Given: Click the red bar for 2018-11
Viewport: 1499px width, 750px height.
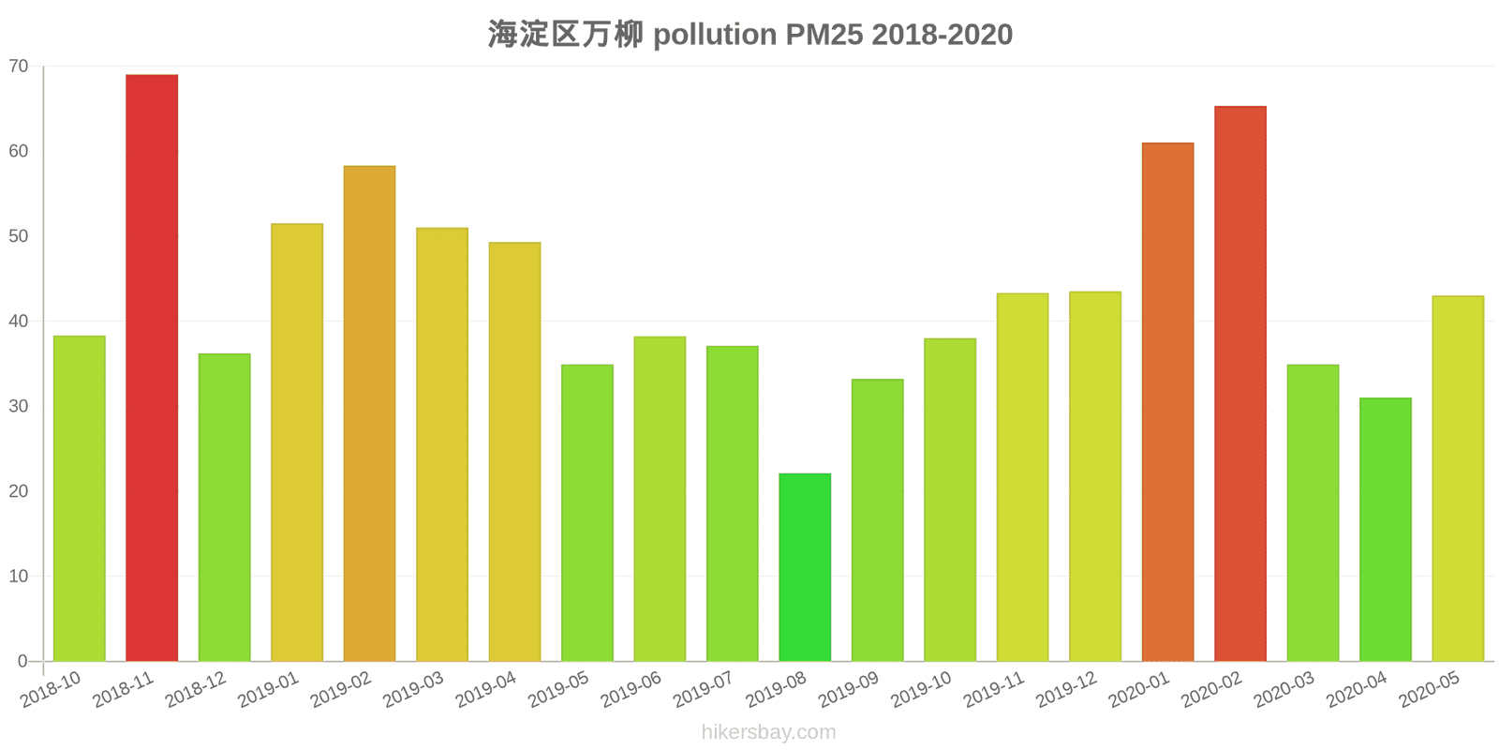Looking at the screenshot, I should pyautogui.click(x=152, y=367).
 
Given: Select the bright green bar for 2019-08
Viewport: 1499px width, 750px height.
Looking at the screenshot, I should pyautogui.click(x=805, y=567).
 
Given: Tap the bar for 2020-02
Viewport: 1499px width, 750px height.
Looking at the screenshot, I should pyautogui.click(x=1239, y=383).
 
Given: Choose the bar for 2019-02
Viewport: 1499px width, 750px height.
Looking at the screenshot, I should pyautogui.click(x=369, y=413).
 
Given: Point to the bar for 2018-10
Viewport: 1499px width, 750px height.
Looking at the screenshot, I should pyautogui.click(x=80, y=498).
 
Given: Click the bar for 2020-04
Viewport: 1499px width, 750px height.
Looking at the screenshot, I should pyautogui.click(x=1385, y=530).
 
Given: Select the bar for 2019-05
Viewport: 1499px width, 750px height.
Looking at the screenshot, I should pyautogui.click(x=587, y=513).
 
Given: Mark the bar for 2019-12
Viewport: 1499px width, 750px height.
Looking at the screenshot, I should pyautogui.click(x=1094, y=476).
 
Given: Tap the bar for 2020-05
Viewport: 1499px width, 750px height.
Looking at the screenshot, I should pyautogui.click(x=1458, y=478).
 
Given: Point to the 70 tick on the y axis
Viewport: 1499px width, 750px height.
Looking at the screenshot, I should pyautogui.click(x=19, y=67).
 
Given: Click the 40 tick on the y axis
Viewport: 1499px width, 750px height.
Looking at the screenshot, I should pyautogui.click(x=19, y=322).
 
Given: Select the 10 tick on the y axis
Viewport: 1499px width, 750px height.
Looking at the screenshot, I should pyautogui.click(x=19, y=577).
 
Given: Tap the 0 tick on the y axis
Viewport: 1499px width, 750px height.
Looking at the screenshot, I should pyautogui.click(x=22, y=661).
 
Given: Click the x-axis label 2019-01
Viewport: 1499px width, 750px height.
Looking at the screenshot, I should pyautogui.click(x=269, y=690).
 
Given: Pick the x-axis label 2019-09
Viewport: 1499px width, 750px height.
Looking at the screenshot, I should pyautogui.click(x=849, y=690).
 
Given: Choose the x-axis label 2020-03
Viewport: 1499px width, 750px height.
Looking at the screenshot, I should pyautogui.click(x=1284, y=690).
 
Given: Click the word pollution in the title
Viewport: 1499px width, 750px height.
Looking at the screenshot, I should pyautogui.click(x=715, y=35).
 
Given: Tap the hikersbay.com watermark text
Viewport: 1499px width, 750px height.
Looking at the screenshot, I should pyautogui.click(x=768, y=732).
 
